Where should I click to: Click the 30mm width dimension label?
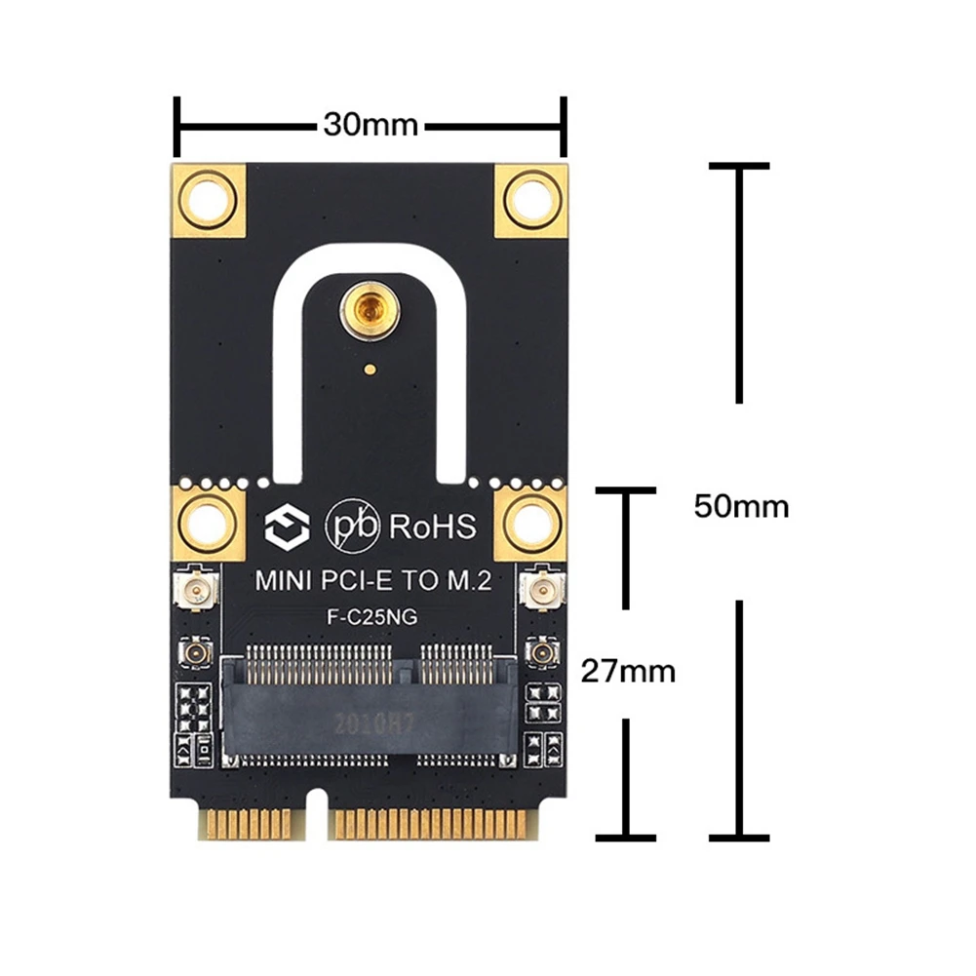tap(371, 126)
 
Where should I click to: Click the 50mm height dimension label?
tap(741, 507)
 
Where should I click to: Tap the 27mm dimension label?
tap(628, 671)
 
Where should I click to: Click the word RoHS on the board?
tap(433, 527)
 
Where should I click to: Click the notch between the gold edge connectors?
tap(318, 814)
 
